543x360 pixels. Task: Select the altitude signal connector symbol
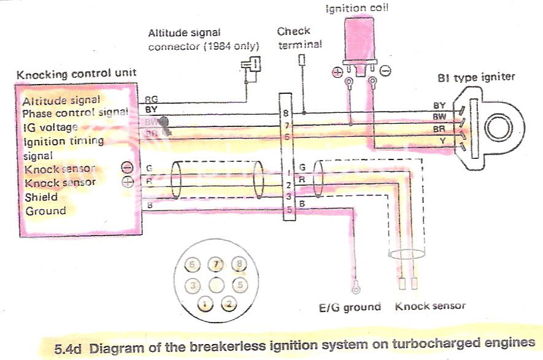252,64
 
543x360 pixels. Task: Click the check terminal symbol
301,59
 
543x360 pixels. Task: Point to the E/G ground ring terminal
355,285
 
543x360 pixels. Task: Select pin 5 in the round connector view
239,285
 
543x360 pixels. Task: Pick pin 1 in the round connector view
206,303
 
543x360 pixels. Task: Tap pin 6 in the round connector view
193,266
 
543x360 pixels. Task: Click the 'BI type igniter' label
476,77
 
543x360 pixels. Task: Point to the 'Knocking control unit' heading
76,74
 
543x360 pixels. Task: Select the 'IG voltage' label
50,127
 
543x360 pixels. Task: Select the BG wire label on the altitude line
150,99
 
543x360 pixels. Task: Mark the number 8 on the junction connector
286,113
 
